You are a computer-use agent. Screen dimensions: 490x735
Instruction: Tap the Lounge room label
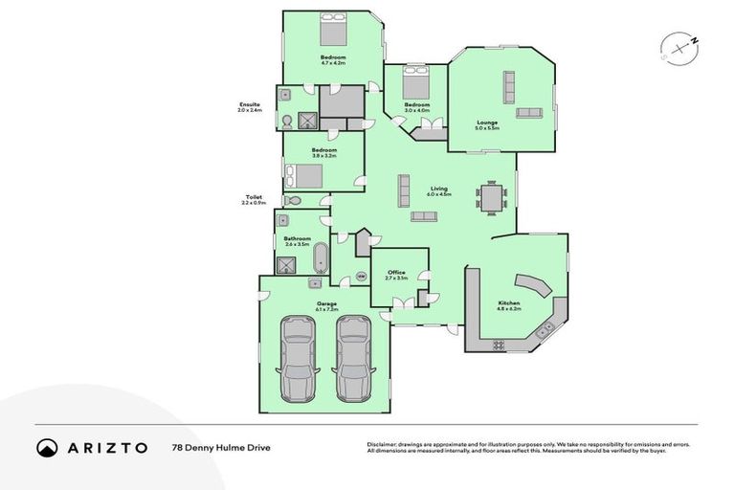(487, 123)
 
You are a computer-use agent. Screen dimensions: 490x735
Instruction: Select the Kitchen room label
(509, 303)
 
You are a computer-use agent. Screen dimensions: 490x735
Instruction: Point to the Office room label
(397, 274)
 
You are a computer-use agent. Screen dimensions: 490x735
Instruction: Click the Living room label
(439, 190)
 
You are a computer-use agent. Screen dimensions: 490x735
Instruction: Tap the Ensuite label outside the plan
(250, 106)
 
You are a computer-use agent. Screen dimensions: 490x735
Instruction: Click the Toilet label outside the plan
(252, 198)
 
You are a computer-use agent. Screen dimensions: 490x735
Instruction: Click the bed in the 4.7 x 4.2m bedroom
(334, 33)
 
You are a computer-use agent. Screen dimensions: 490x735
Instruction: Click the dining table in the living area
(492, 200)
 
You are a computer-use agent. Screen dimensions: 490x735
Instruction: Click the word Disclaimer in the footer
(383, 444)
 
